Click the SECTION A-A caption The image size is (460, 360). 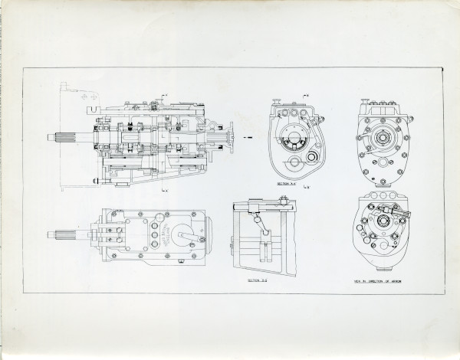(287, 185)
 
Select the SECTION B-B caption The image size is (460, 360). (258, 281)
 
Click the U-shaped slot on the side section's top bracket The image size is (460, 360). (90, 99)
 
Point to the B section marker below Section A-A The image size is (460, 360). (306, 188)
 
